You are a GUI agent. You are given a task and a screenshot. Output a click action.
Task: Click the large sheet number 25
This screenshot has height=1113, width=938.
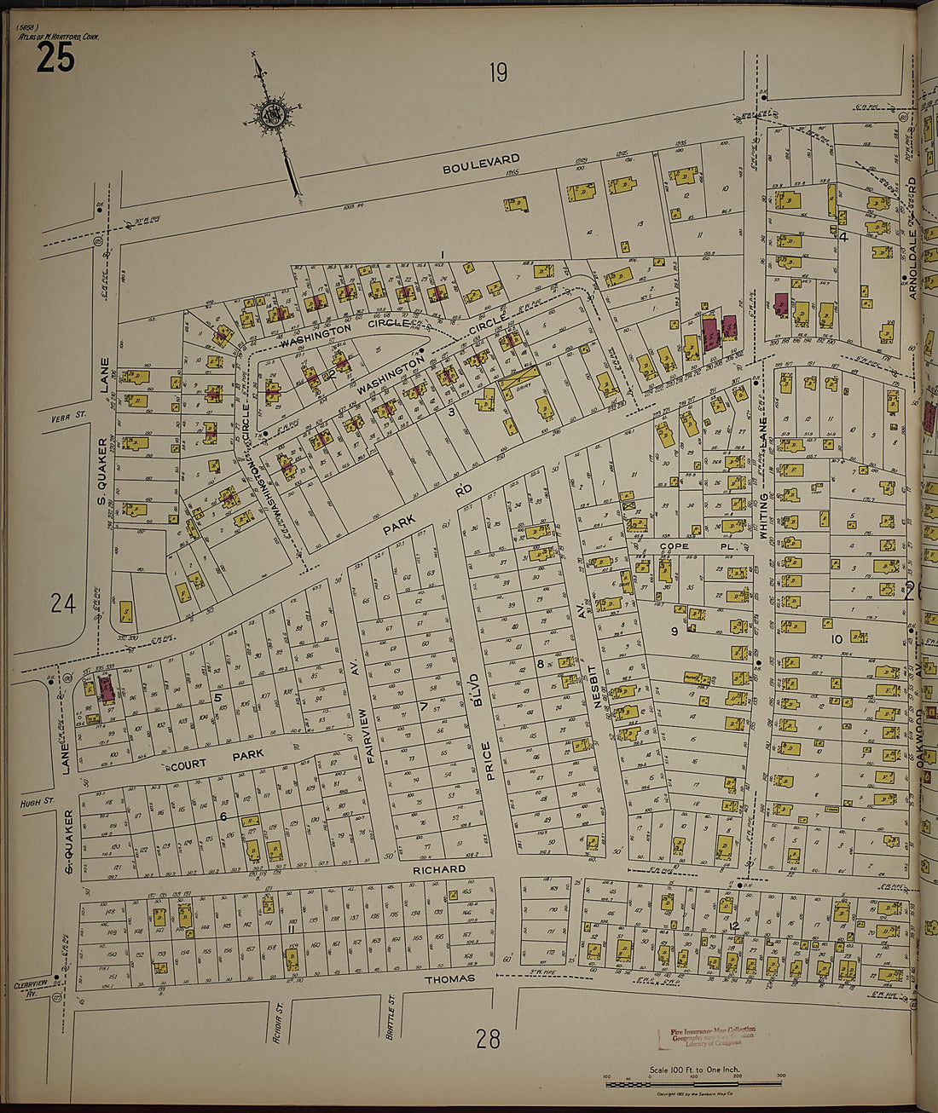tap(55, 58)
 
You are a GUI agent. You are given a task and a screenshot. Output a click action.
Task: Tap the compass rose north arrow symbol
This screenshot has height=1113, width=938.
tap(272, 116)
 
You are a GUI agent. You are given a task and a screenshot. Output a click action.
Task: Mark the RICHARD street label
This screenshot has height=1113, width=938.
tap(439, 869)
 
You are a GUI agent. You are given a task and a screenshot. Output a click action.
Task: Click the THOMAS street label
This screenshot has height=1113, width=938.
tap(449, 978)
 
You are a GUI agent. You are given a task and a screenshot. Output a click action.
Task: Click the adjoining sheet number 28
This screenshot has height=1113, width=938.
tap(488, 1039)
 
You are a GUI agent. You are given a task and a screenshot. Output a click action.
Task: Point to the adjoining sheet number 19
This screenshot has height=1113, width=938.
tap(498, 73)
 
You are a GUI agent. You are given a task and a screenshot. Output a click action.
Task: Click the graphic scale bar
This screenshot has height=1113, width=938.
tap(695, 1083)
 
